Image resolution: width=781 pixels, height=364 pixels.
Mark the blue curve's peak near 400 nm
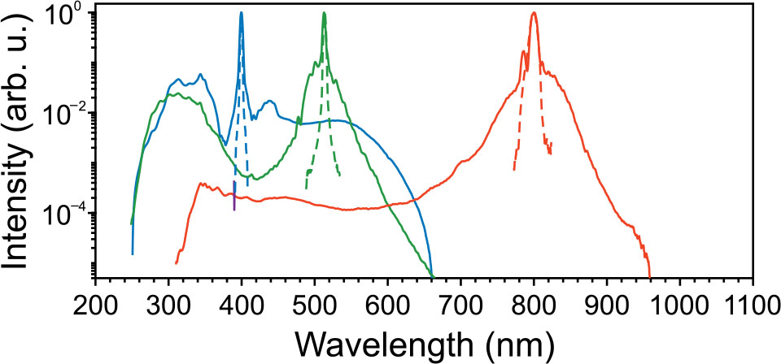click(242, 13)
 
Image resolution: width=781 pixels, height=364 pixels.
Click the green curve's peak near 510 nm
click(324, 14)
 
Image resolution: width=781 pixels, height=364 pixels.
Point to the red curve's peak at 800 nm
click(534, 13)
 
